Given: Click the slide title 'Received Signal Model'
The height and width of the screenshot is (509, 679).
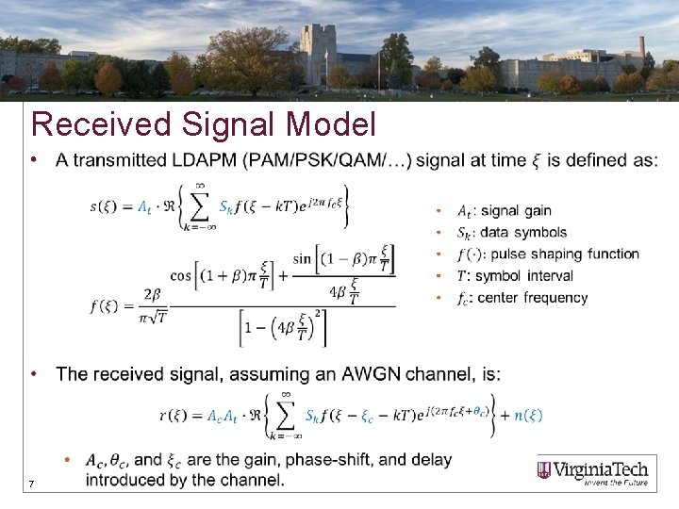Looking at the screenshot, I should (204, 124).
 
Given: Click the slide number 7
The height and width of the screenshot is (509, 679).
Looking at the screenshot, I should (31, 484).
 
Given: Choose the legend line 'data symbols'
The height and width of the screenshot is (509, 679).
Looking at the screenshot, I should (523, 232).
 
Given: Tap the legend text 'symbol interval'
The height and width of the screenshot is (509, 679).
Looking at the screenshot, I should (524, 276).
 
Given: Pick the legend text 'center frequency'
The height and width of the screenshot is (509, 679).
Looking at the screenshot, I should (533, 298).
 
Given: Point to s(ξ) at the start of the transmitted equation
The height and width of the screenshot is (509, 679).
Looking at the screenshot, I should (108, 206).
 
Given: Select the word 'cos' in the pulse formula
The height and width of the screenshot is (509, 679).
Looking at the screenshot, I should (181, 275).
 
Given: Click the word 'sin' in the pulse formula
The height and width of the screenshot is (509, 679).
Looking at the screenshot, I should (302, 258).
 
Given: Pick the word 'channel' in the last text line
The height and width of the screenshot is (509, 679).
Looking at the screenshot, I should (255, 481).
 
